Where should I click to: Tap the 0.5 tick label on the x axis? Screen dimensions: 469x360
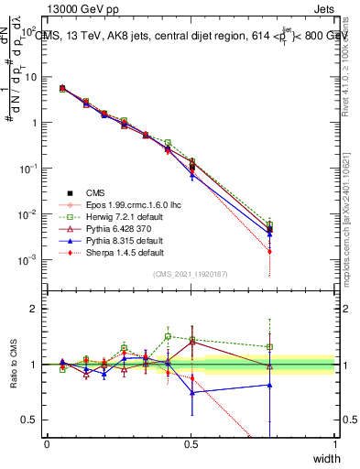click(x=191, y=443)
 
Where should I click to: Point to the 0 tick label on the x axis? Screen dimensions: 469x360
click(x=47, y=443)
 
